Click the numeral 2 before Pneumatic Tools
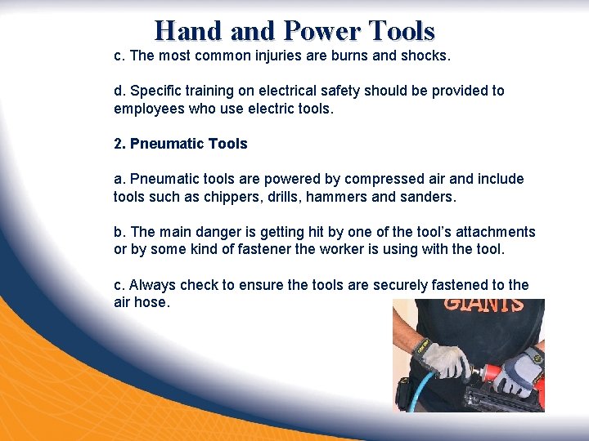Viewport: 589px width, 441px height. (118, 144)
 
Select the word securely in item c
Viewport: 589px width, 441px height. (401, 285)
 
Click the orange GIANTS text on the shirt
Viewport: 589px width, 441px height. (485, 304)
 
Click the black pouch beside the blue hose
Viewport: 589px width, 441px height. (403, 393)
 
